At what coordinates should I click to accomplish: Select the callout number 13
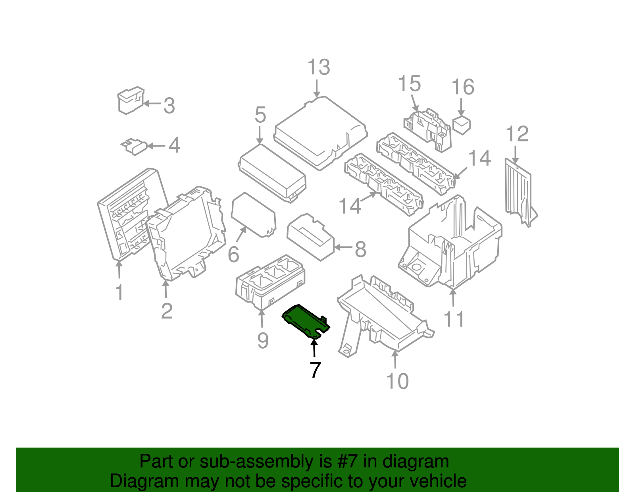click(x=319, y=68)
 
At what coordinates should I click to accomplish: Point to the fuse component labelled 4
click(x=135, y=147)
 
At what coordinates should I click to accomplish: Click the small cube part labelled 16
click(x=462, y=125)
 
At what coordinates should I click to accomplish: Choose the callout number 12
click(x=517, y=134)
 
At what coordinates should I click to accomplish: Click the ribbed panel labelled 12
click(x=518, y=191)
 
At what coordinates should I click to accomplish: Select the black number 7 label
click(x=315, y=370)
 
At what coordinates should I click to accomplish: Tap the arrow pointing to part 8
click(x=344, y=247)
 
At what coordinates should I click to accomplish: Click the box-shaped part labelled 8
click(x=311, y=237)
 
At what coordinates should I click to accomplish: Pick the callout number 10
click(x=397, y=381)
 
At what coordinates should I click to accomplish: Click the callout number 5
click(x=260, y=115)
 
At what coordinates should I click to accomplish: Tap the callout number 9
click(x=263, y=341)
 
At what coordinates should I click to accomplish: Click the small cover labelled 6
click(x=253, y=214)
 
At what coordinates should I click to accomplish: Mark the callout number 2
click(x=167, y=311)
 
